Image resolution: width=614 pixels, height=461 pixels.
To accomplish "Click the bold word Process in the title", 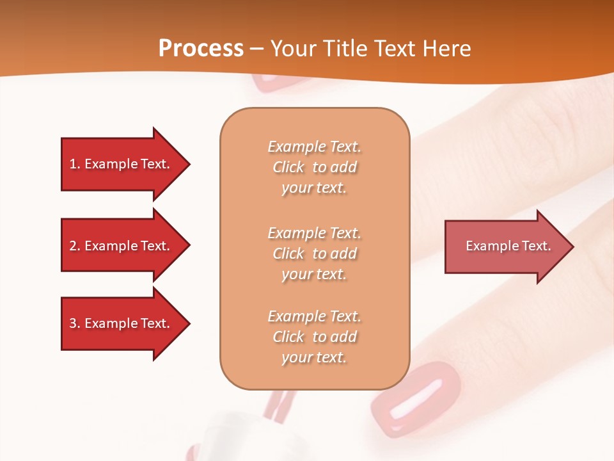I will pos(201,49).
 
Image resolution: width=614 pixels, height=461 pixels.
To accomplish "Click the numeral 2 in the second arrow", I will pos(73,246).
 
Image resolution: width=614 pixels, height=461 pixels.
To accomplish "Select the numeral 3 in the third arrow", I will pos(73,323).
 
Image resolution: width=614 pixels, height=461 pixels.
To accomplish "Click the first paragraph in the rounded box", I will pos(314,167).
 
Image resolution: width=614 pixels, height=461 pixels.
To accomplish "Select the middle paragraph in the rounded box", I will pos(314,254).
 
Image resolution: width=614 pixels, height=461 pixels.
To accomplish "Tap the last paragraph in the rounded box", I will pos(314,337).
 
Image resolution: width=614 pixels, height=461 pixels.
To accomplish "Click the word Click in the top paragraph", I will pos(288,167).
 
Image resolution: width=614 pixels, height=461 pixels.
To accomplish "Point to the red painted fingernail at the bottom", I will pos(416,396).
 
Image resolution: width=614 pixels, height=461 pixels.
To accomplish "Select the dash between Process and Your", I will pos(257,49).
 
